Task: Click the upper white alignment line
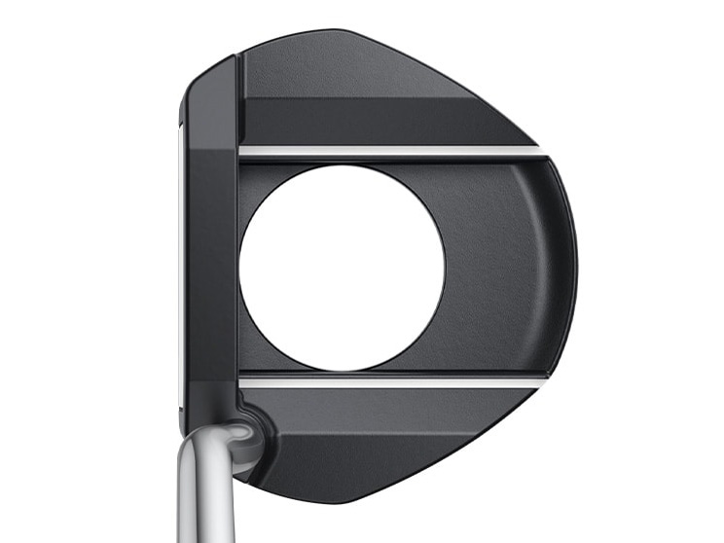tap(389, 151)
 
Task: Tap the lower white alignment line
tap(389, 381)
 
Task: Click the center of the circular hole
tap(342, 268)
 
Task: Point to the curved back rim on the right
tap(562, 268)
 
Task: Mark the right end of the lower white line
tap(539, 381)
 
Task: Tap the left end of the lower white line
tap(243, 381)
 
